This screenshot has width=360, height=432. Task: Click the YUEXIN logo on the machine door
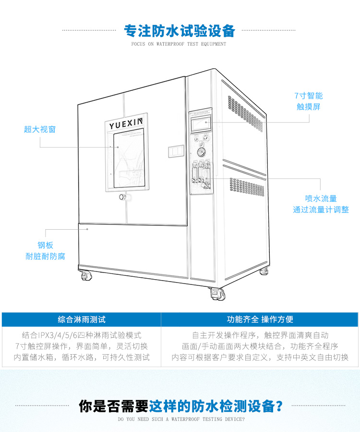point(126,125)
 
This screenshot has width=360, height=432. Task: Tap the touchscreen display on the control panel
point(201,124)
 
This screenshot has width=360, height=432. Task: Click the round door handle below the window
point(122,197)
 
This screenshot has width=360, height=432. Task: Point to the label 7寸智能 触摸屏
point(309,101)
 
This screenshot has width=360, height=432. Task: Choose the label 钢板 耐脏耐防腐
point(45,251)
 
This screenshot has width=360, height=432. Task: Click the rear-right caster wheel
point(264,272)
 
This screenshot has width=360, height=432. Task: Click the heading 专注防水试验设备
point(180,31)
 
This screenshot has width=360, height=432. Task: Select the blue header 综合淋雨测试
point(81,319)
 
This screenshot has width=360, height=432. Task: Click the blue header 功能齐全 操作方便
point(260,319)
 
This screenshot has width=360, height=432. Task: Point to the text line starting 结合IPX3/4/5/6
point(82,335)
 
